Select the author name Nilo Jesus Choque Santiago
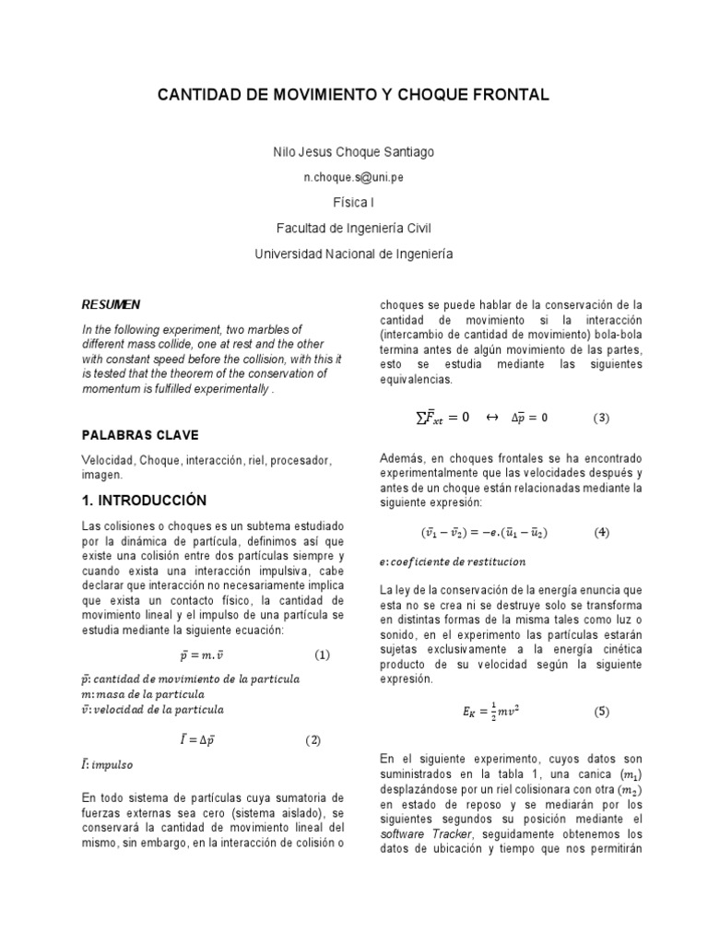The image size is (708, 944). click(355, 151)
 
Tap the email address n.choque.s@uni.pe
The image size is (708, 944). click(355, 177)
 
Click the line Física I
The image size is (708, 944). click(355, 202)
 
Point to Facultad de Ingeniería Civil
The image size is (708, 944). click(355, 228)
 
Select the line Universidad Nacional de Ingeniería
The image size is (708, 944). click(355, 253)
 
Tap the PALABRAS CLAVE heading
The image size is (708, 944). click(139, 435)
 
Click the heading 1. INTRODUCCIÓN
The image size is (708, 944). click(144, 501)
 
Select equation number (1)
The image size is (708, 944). click(322, 655)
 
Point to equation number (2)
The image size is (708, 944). click(313, 740)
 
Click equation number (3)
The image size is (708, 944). click(601, 418)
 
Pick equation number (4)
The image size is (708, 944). click(601, 533)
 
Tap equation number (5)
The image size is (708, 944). click(601, 712)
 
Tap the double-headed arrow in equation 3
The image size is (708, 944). click(491, 418)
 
